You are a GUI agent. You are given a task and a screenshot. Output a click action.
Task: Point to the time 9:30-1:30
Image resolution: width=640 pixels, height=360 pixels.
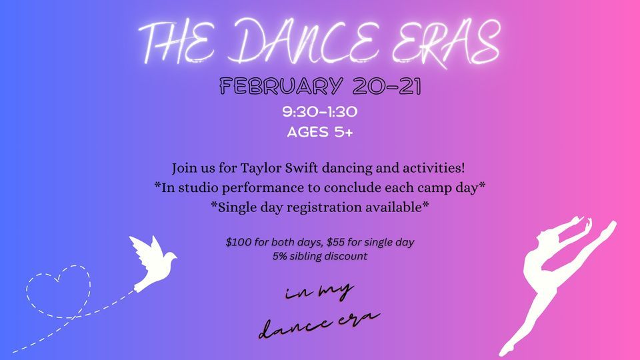point(320,112)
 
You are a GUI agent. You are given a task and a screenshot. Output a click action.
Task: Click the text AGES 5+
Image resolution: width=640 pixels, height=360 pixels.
point(320,131)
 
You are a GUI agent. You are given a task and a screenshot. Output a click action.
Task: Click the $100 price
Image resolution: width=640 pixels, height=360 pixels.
point(239,241)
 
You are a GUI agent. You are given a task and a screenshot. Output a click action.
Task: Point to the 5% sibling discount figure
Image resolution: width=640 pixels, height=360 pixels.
point(279,255)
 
